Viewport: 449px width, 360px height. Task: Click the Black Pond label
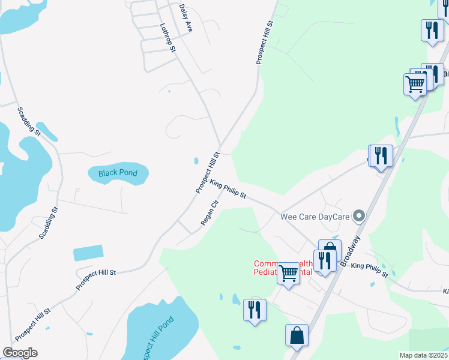coord(118,173)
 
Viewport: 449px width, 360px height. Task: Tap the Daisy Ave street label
coord(185,17)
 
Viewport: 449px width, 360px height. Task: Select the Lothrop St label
coord(167,37)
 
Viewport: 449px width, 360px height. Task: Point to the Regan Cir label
coord(208,213)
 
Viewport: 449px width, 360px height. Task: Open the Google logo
coord(20,353)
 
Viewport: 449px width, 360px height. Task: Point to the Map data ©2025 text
coord(424,355)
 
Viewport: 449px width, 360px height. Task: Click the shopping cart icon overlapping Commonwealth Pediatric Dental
coord(289,274)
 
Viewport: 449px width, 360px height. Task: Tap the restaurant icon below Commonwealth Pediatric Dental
coord(255,310)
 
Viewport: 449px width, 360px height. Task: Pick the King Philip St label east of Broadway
coord(370,270)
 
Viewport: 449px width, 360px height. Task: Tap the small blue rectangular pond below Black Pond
coord(88,253)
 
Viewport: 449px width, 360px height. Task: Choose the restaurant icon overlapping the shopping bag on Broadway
coord(324,260)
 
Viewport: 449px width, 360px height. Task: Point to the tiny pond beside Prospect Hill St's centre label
coord(197,161)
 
